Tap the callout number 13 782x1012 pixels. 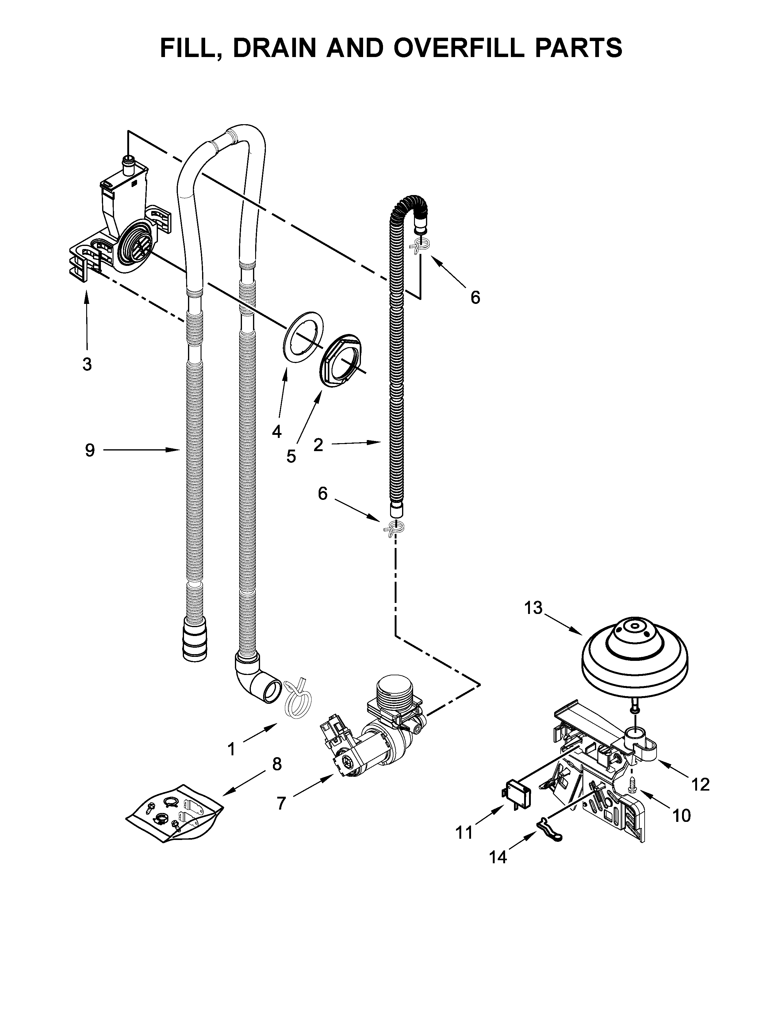[533, 608]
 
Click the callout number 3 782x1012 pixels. [86, 364]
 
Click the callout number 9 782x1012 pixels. [90, 450]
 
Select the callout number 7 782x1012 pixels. [281, 803]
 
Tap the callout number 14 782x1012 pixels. [498, 858]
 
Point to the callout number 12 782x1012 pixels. [700, 784]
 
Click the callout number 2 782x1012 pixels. [318, 445]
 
